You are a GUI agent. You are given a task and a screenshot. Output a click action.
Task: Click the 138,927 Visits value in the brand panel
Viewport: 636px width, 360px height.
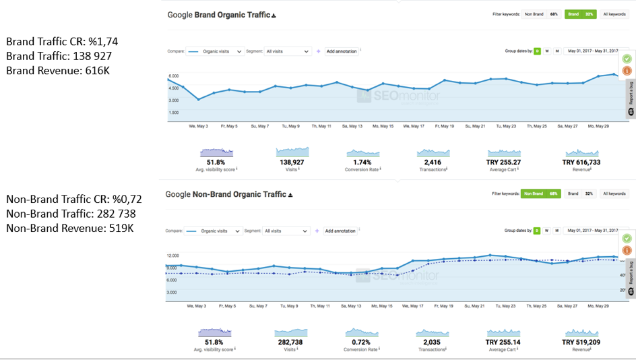point(292,162)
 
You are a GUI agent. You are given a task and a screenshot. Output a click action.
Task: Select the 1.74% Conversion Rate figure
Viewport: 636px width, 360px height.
point(362,162)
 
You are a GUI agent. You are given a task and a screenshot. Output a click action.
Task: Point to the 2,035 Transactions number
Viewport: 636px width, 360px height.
point(433,342)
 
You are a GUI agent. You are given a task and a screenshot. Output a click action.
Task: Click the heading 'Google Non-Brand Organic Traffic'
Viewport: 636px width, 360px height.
point(226,194)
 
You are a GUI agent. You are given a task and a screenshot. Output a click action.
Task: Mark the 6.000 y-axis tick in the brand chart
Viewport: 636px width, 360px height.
point(174,76)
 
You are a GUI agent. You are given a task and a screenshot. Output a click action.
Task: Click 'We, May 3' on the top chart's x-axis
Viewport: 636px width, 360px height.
point(198,126)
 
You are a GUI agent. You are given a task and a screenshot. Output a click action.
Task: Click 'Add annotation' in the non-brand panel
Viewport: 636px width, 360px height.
point(341,231)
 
